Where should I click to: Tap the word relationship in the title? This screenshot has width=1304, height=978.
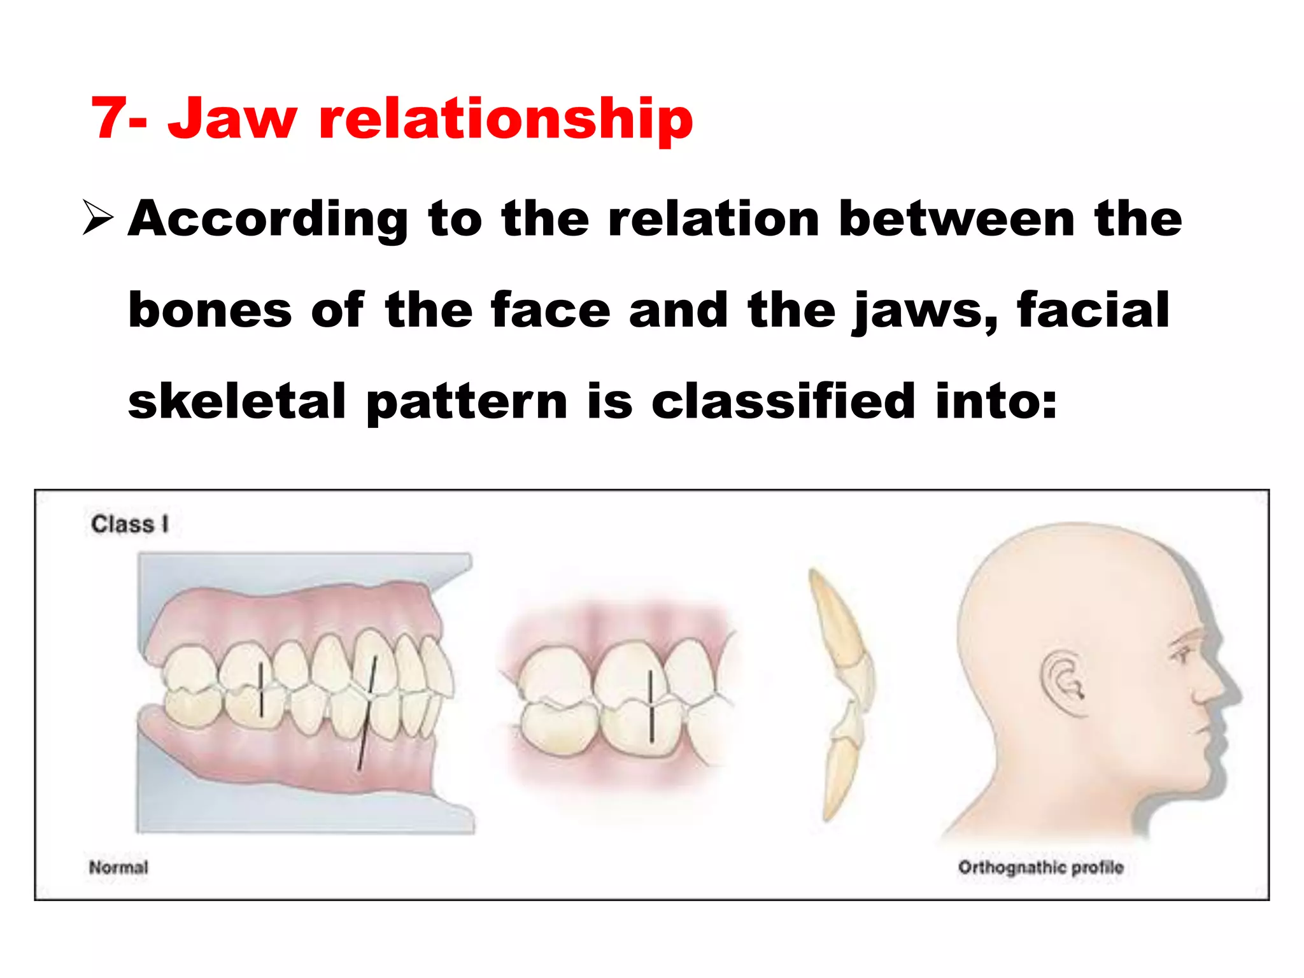click(x=506, y=119)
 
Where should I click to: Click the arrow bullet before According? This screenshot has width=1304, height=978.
click(x=98, y=218)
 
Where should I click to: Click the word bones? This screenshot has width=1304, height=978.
click(x=210, y=310)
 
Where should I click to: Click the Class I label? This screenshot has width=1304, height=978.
click(x=129, y=524)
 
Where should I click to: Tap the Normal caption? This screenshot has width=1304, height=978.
click(x=118, y=867)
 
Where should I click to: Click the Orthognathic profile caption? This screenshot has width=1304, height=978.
click(x=1040, y=867)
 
